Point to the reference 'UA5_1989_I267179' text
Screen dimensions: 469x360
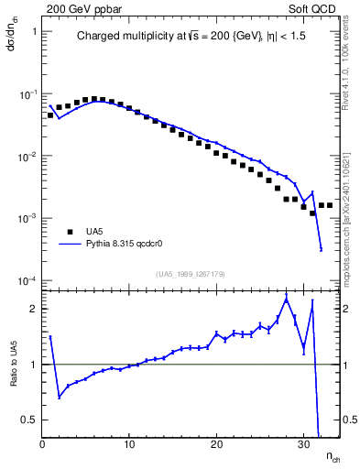pyautogui.click(x=192, y=273)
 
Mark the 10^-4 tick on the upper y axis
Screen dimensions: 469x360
pyautogui.click(x=27, y=280)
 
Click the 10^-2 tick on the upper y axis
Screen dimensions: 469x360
pyautogui.click(x=27, y=157)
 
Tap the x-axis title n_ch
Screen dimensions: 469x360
pyautogui.click(x=331, y=457)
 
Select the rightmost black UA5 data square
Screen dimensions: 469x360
pyautogui.click(x=330, y=205)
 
